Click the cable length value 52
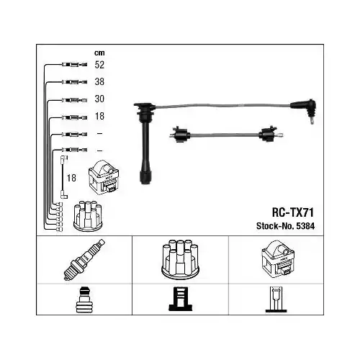click(x=99, y=64)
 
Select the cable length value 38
click(x=99, y=81)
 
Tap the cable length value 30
click(x=99, y=99)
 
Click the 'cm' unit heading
click(x=99, y=52)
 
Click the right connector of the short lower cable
click(x=269, y=134)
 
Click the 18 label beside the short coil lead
click(x=71, y=177)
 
